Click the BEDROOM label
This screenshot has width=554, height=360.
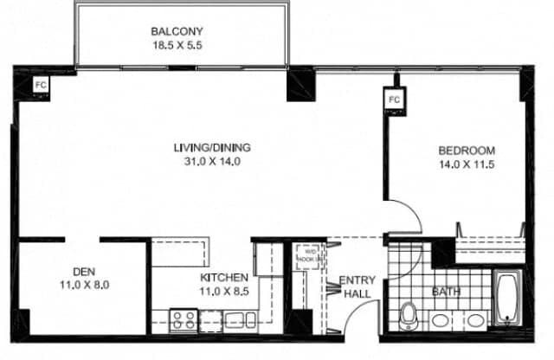(x=466, y=151)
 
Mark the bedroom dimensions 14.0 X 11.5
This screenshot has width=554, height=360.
(x=466, y=164)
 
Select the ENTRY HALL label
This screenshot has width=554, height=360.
(x=355, y=286)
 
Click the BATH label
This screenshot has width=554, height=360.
(x=446, y=291)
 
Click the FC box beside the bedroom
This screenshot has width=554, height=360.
(x=395, y=100)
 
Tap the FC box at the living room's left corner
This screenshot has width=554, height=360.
(x=40, y=85)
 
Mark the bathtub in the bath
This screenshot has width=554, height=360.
(x=505, y=299)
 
